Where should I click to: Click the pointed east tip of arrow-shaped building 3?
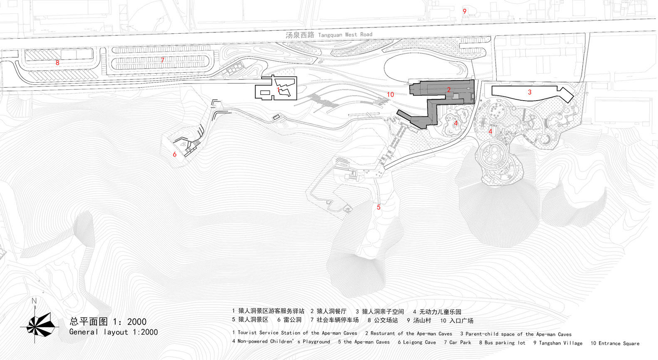(574, 95)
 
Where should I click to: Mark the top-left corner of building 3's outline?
(492, 86)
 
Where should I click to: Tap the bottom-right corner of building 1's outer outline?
(297, 100)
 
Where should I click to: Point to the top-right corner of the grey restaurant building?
(474, 80)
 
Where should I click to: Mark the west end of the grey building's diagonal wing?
(398, 111)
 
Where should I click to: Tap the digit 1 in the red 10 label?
(388, 94)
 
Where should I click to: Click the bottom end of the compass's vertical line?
(35, 343)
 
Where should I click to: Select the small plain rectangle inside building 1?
(265, 93)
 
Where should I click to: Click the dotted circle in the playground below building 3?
(496, 111)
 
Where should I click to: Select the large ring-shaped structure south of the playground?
(493, 155)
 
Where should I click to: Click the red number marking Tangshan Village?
(465, 12)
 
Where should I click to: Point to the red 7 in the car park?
(162, 60)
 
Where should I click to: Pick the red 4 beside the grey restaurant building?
(455, 123)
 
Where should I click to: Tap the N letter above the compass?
(34, 301)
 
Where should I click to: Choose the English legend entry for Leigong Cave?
(417, 342)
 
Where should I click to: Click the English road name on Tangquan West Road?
(345, 35)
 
